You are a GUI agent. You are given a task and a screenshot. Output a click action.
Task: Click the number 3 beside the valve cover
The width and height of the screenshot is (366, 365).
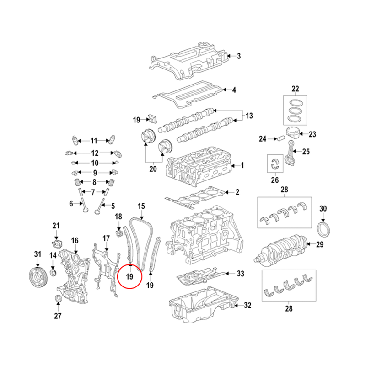238,56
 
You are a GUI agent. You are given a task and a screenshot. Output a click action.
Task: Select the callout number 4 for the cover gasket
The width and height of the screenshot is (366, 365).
234,90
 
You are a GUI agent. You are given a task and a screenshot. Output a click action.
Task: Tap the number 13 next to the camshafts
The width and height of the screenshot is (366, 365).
249,116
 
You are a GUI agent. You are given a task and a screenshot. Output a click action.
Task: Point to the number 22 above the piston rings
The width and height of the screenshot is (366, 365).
295,88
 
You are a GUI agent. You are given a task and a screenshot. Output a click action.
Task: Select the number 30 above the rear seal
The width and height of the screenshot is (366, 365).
323,209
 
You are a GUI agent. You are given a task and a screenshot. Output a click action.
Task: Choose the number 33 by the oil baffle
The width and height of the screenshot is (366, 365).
241,274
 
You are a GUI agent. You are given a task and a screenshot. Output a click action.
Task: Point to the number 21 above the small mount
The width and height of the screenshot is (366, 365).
56,226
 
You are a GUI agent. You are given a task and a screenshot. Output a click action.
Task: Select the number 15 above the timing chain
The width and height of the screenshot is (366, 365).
141,206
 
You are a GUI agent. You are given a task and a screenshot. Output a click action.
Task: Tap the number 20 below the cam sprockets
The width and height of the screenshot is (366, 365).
153,169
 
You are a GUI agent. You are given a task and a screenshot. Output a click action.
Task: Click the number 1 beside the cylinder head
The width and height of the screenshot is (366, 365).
242,165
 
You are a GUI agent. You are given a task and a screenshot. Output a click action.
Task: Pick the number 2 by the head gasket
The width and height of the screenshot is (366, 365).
237,192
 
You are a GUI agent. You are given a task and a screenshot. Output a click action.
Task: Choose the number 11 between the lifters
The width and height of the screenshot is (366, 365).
94,140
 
